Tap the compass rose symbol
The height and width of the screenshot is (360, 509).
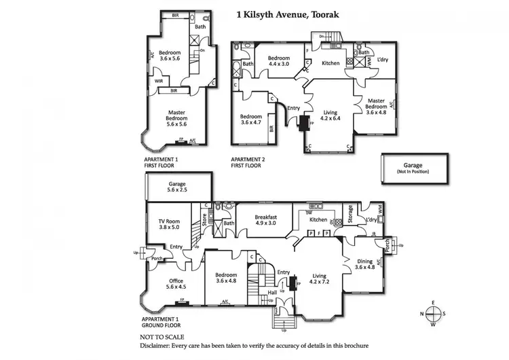434,313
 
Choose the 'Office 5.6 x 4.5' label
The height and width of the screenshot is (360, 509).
176,283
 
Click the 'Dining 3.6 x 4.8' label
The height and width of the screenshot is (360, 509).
365,264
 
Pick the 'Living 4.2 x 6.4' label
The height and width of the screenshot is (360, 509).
331,117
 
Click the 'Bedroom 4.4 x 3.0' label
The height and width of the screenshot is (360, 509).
279,62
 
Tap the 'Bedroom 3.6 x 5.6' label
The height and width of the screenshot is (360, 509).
170,56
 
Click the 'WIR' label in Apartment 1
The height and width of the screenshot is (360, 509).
159,81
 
